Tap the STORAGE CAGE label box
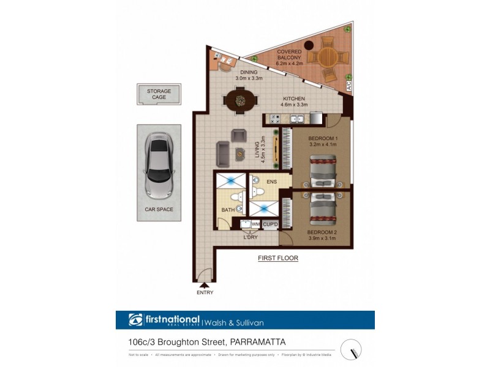(159, 95)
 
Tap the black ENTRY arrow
(204, 284)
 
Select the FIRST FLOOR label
(277, 258)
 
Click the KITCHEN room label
(293, 99)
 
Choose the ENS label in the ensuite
(271, 182)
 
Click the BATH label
(227, 210)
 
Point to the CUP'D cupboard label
(270, 224)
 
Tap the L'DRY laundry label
(252, 237)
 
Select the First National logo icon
(135, 320)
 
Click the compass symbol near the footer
(352, 349)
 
